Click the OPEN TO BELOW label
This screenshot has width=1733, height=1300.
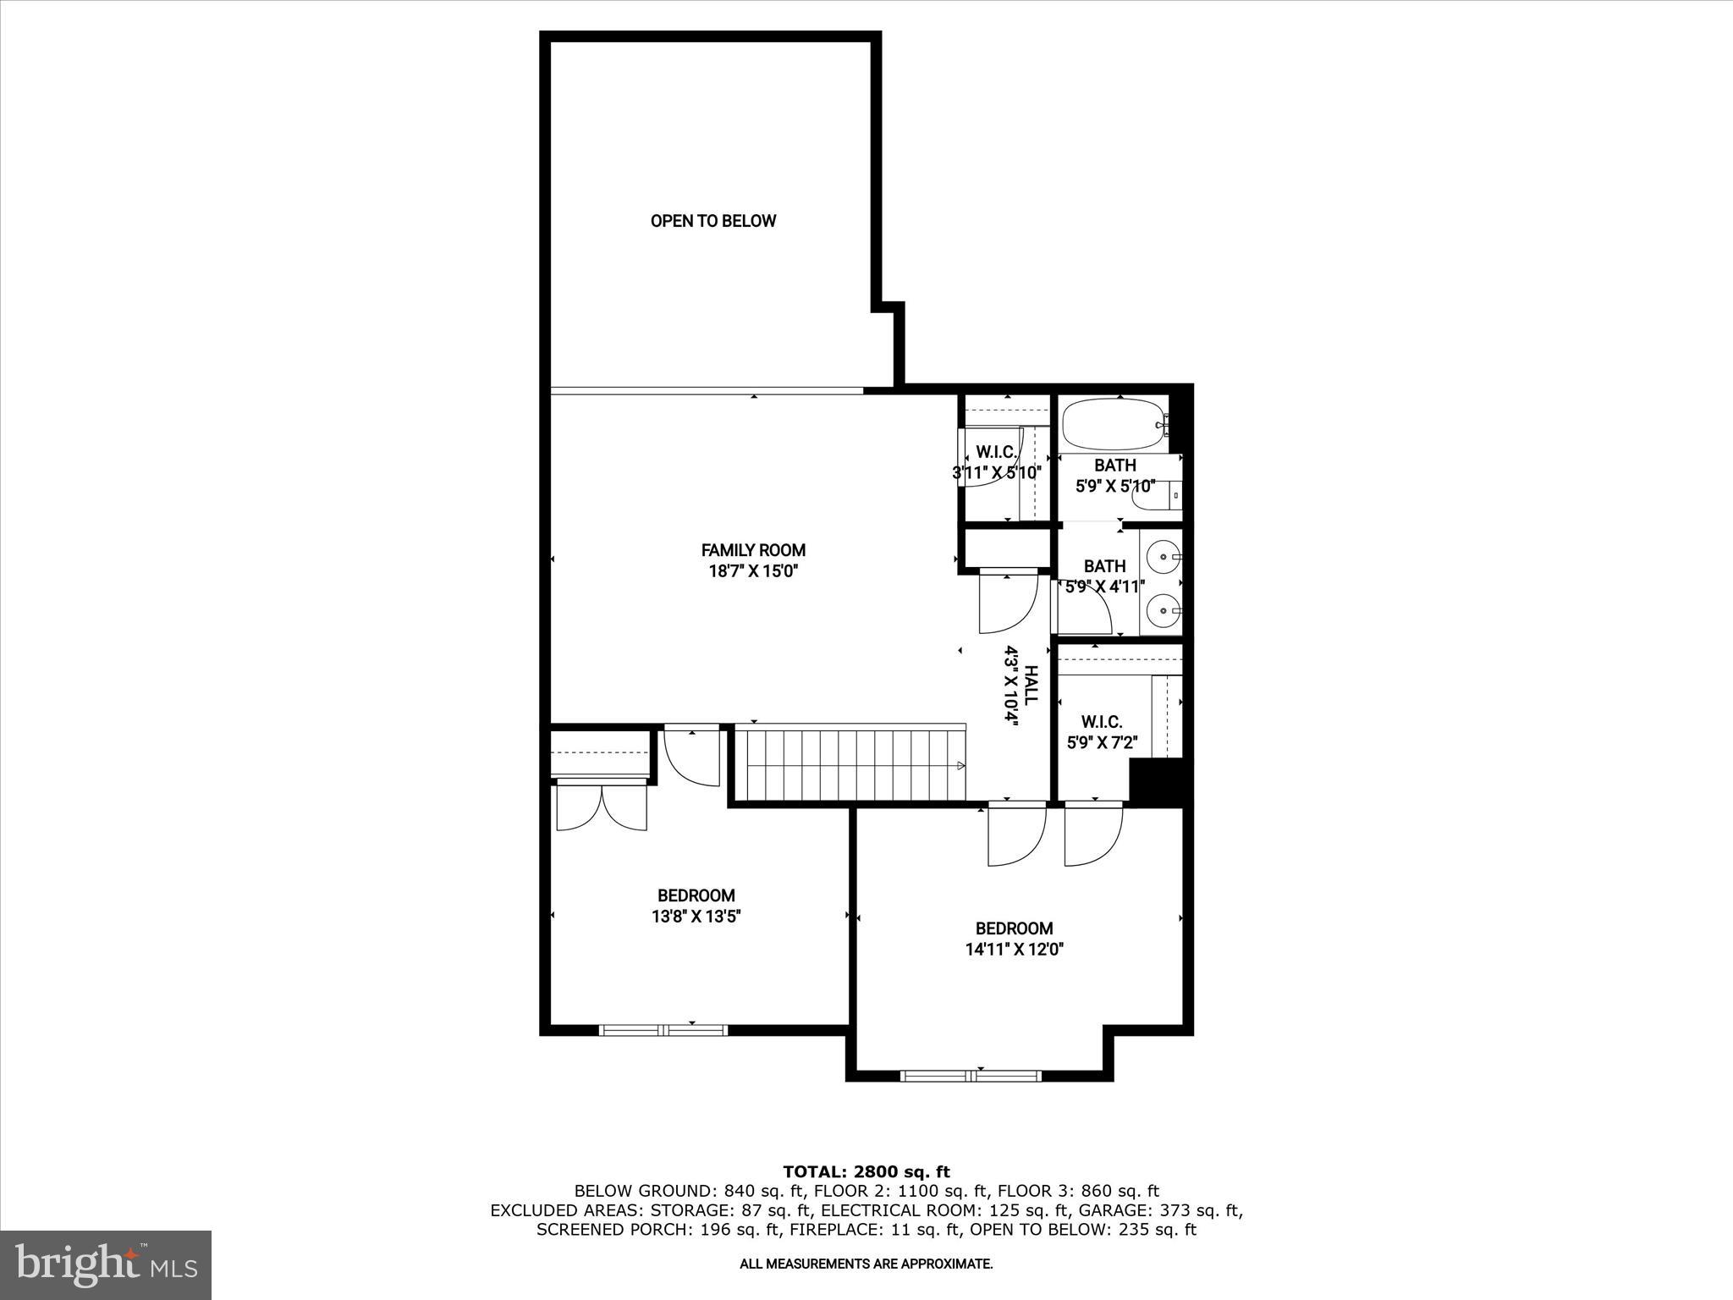point(712,221)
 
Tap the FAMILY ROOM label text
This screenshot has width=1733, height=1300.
point(753,550)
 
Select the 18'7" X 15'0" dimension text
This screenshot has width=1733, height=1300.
point(753,571)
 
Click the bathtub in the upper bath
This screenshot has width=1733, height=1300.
point(1113,425)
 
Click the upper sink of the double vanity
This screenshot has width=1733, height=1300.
point(1164,557)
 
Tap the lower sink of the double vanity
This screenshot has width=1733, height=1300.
point(1164,609)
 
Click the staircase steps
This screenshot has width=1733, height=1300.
point(850,764)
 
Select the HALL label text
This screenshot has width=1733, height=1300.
point(1031,686)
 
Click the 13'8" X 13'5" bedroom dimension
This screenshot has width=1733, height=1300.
point(696,916)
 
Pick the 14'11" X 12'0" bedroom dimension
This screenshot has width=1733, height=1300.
point(1014,950)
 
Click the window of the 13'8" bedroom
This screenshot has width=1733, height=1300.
point(663,1030)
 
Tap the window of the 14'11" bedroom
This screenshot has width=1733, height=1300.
point(971,1076)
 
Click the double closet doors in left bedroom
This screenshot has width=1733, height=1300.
point(602,808)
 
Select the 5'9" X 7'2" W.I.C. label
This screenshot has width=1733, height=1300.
point(1102,743)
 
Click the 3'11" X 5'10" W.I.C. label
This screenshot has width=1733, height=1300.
point(996,472)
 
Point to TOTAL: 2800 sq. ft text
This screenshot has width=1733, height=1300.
point(866,1172)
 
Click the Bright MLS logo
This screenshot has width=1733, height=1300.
point(106,1265)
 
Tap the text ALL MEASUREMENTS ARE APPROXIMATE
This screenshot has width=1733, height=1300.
point(866,1264)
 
